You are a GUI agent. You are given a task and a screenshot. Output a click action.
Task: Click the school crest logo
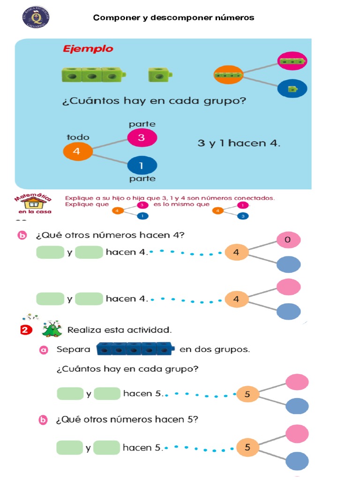point(36,17)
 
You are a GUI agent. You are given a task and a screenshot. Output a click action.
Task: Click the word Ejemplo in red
point(88,49)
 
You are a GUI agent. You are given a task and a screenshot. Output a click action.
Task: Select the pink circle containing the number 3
point(142,138)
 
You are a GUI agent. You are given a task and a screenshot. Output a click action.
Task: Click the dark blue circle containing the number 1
point(142,165)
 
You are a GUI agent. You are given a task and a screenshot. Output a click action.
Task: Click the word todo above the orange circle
point(78,137)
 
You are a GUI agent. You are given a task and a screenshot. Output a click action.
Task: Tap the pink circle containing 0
point(288,240)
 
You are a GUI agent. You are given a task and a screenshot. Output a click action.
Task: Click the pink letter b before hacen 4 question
point(22,236)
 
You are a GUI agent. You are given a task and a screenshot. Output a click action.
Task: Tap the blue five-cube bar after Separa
point(135,349)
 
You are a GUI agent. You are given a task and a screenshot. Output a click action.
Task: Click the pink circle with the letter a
point(44,350)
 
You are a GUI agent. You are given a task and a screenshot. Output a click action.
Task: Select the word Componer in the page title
point(114,18)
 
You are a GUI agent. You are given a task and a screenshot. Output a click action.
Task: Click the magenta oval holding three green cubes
point(292,61)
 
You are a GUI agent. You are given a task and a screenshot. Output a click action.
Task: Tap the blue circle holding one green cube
point(292,88)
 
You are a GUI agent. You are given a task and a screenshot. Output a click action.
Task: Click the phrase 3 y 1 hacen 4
point(239,143)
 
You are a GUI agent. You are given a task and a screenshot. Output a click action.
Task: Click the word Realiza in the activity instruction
point(84,330)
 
